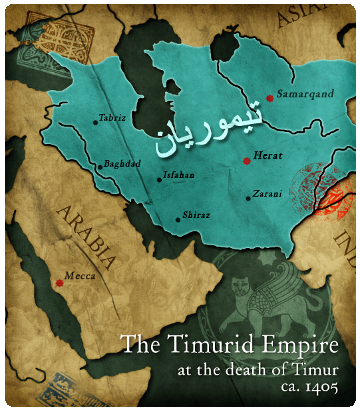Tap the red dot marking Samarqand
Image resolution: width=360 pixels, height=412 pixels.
pos(269,98)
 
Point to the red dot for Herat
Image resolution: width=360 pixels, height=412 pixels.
pos(246,160)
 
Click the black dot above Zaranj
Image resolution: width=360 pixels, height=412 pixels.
pos(249,198)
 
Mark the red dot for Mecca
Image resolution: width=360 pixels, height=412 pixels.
pos(59,283)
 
